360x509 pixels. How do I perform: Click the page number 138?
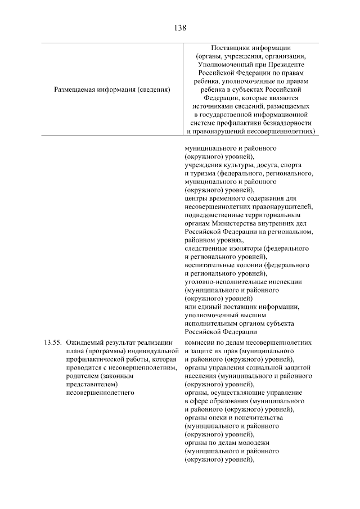(180, 26)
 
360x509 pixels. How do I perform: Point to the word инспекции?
(285, 281)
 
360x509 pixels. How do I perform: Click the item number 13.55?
(52, 343)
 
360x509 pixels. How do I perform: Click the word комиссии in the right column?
(200, 343)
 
